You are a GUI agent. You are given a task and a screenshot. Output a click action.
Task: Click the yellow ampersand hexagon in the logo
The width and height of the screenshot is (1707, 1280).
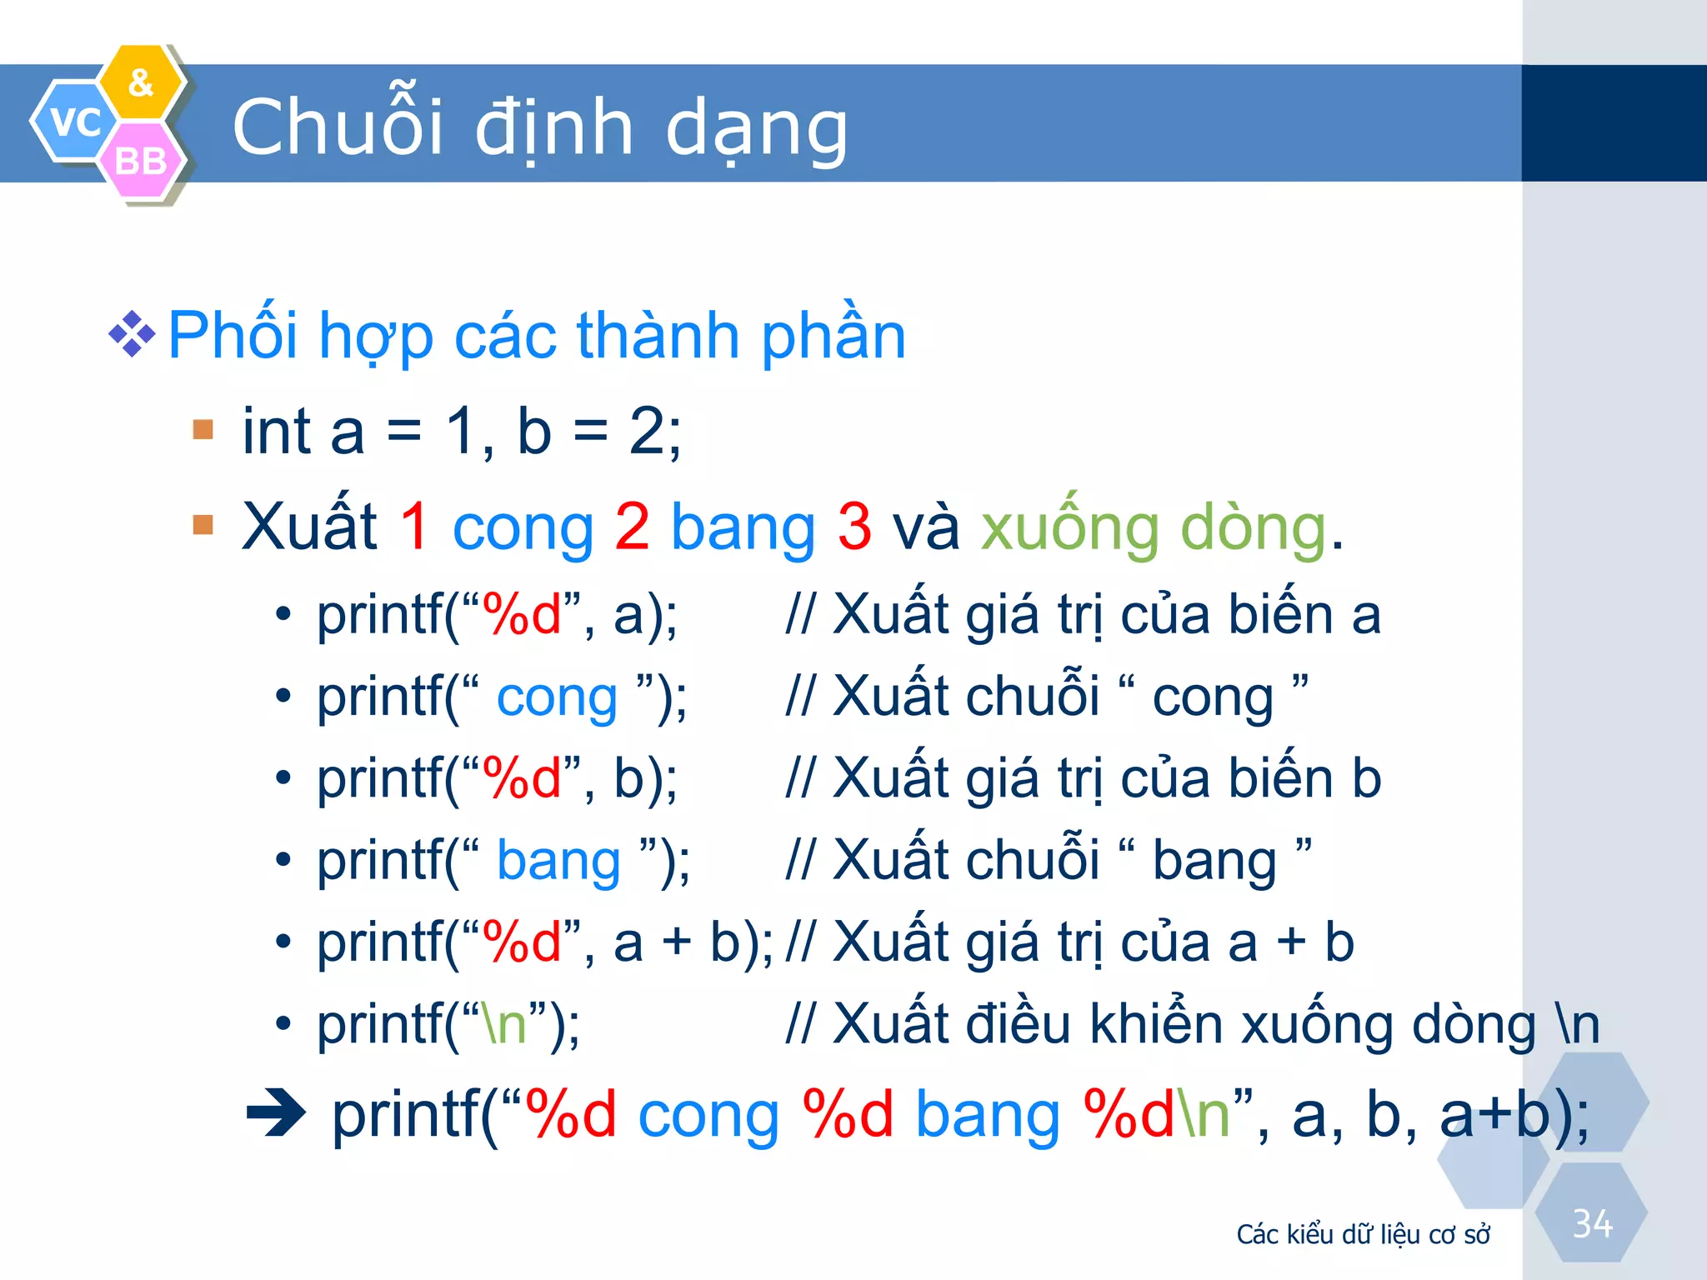tap(141, 82)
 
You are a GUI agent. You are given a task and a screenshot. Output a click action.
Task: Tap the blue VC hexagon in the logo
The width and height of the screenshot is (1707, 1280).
tap(74, 122)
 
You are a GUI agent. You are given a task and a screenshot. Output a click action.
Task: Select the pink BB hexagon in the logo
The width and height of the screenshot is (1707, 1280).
tap(140, 161)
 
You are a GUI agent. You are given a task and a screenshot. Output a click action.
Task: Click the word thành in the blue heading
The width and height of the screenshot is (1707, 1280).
tap(658, 335)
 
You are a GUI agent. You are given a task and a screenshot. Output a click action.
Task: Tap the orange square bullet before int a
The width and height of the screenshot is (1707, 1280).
tap(203, 430)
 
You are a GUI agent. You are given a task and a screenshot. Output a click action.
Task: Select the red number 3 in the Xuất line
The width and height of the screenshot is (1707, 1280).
tap(854, 527)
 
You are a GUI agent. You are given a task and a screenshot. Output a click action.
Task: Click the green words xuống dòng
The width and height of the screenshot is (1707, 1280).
tap(1154, 527)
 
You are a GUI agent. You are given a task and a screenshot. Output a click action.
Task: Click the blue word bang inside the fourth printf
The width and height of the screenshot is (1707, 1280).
tap(558, 861)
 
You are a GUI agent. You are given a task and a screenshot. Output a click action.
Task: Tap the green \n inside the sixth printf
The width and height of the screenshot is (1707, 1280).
tap(505, 1024)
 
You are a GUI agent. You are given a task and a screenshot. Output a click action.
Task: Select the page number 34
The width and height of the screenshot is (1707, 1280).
tap(1592, 1223)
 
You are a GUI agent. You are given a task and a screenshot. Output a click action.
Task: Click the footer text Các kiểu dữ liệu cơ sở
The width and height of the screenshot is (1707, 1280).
tap(1363, 1234)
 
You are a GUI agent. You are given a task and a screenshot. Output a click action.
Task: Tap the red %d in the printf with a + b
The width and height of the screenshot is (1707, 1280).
tap(522, 942)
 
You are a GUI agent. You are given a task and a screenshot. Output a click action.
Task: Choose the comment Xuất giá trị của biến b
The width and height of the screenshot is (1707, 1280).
tap(1084, 778)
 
